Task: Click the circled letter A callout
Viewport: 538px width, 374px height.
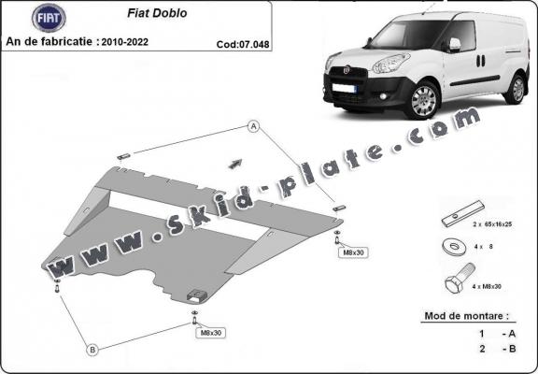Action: click(x=252, y=126)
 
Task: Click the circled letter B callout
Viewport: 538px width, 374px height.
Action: click(x=92, y=350)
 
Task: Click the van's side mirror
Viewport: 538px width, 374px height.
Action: click(x=454, y=44)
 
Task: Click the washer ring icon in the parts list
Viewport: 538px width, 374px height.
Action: click(x=455, y=248)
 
